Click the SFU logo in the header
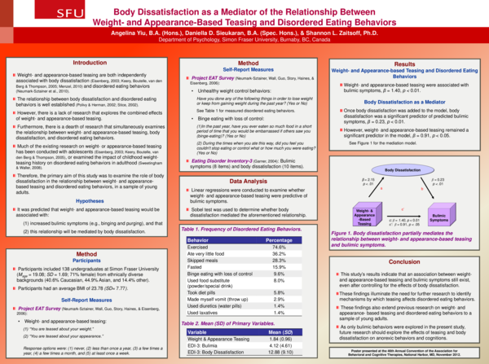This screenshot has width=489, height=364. pos(23,14)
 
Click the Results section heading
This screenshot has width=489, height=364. pos(404,63)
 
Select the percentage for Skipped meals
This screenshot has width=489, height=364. pos(279,261)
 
